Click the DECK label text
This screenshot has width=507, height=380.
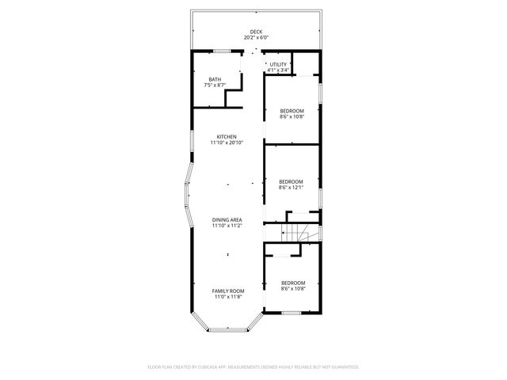[x=256, y=32]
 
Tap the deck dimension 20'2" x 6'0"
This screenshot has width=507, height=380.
[x=256, y=37]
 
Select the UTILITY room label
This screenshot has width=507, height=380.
[x=277, y=64]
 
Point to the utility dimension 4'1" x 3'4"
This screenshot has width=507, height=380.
[x=277, y=70]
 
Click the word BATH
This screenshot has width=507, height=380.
[x=215, y=79]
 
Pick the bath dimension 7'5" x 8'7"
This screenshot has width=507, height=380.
[x=215, y=85]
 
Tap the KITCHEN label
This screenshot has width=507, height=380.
[x=227, y=136]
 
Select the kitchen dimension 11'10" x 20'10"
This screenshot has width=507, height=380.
[x=227, y=142]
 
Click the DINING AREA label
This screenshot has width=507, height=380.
[x=227, y=219]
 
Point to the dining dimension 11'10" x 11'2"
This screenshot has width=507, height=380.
[x=227, y=226]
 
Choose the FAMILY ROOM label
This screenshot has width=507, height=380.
[x=227, y=291]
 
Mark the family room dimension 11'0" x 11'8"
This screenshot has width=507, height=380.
[x=227, y=297]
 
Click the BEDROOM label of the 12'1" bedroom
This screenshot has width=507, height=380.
[x=292, y=181]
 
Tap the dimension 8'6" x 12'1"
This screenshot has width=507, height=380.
[x=292, y=188]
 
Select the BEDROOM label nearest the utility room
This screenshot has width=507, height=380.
[x=292, y=110]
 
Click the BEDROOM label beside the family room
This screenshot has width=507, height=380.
[x=293, y=283]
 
